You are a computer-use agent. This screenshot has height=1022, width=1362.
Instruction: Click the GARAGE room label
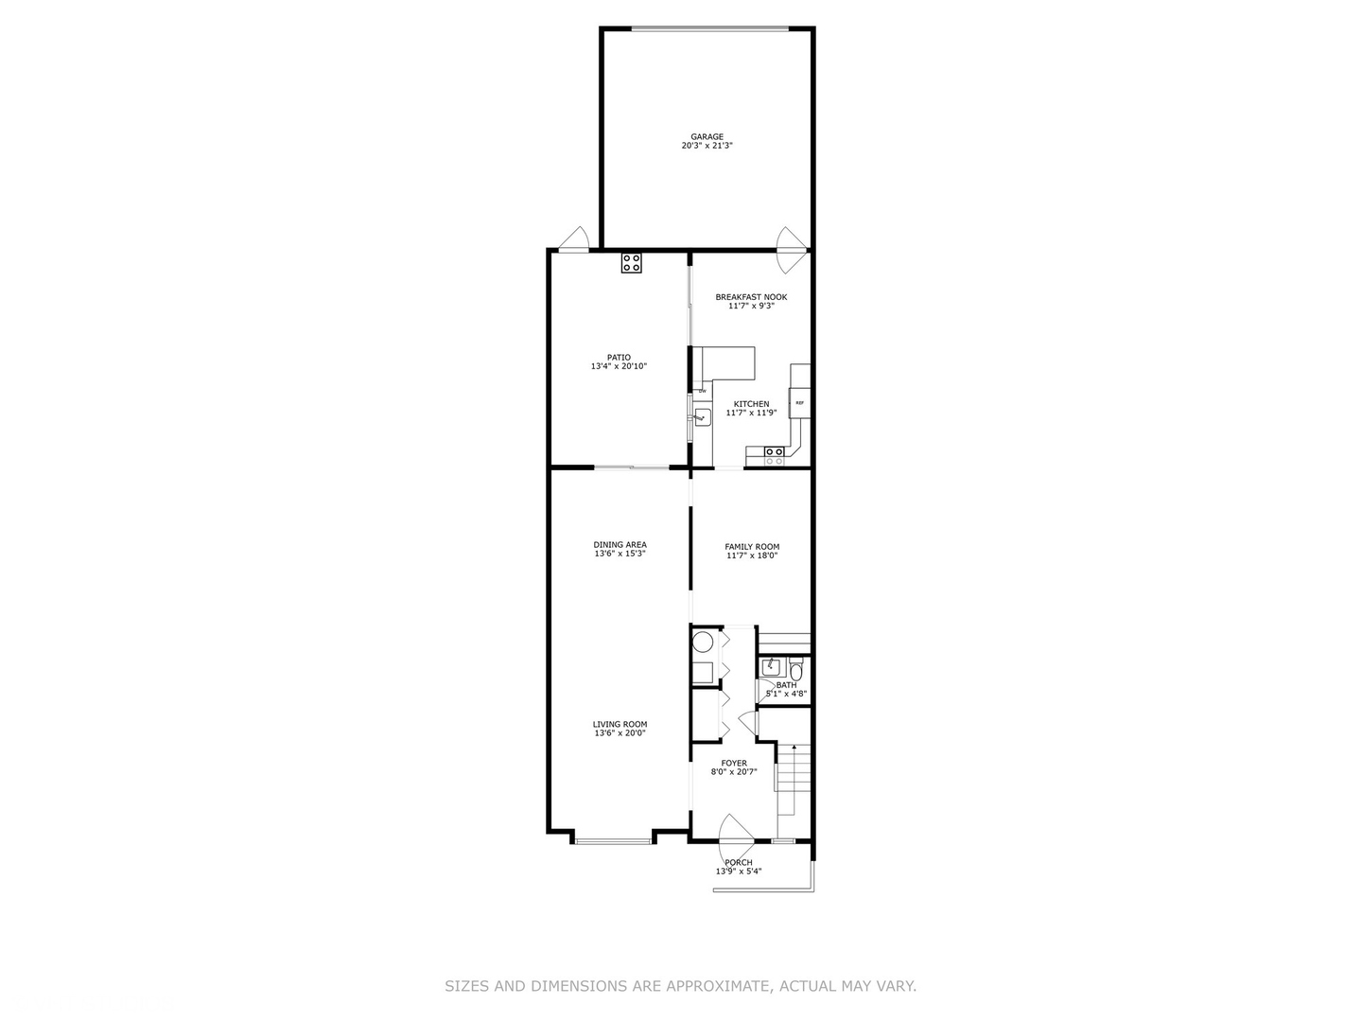point(707,136)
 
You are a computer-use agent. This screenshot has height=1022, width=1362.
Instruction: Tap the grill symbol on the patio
point(631,263)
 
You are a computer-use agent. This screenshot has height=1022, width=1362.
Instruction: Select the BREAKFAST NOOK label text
point(751,297)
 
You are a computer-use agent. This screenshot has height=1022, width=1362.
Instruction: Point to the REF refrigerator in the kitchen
point(800,403)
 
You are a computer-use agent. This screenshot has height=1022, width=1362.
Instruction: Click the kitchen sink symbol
point(702,416)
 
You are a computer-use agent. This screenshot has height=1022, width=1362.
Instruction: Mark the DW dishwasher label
point(702,391)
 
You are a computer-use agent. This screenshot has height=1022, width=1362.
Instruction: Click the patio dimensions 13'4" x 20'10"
point(619,366)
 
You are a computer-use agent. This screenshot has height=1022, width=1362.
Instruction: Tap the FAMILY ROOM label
point(752,547)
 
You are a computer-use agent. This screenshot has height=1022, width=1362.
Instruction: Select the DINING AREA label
point(620,544)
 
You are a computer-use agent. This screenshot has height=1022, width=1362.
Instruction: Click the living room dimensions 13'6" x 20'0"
point(620,733)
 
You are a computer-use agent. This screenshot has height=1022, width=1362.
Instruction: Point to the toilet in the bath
point(795,672)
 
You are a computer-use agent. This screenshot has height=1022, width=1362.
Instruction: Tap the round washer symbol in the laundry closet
point(703,644)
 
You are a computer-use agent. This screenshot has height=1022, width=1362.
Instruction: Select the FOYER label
point(734,763)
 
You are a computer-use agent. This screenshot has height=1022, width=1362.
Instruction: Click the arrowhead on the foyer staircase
point(794,747)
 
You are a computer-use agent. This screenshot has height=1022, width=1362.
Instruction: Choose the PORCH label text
point(739,862)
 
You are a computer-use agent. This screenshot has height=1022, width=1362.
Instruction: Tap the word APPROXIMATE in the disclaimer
point(718,986)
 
